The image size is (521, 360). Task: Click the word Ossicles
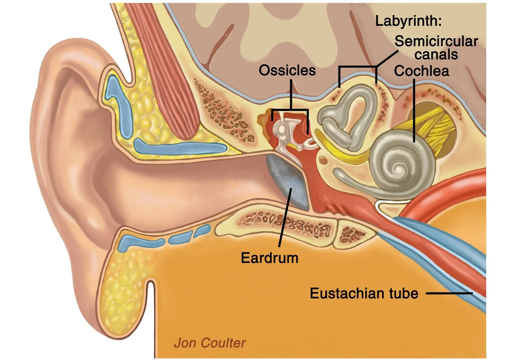pos(287,71)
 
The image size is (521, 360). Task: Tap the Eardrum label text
pos(270,258)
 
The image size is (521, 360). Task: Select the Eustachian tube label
pos(364,294)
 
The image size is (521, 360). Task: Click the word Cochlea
pos(421,71)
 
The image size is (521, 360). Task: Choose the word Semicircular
pos(436,41)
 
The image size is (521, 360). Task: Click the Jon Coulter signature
pos(210,343)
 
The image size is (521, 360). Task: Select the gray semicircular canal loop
pos(351,111)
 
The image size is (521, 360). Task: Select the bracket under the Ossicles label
pos(290,111)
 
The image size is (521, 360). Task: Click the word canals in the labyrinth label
pos(436,55)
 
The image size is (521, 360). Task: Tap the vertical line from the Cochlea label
pos(414,111)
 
